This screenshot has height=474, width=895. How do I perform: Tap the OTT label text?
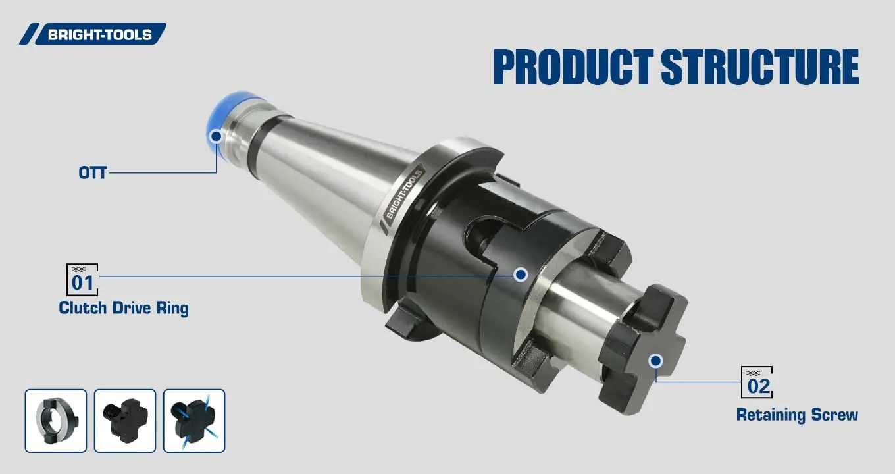[92, 173]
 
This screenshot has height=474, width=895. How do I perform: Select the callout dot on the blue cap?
[216, 137]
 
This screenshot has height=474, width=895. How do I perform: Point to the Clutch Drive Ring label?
[123, 308]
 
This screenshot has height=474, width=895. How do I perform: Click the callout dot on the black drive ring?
[521, 275]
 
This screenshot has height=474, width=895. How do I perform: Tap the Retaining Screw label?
[797, 415]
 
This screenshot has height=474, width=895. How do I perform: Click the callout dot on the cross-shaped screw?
[655, 360]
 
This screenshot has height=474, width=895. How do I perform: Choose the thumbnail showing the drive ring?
[56, 421]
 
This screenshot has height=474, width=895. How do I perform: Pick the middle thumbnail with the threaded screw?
[125, 421]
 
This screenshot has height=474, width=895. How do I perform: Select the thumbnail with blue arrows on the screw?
[194, 421]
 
